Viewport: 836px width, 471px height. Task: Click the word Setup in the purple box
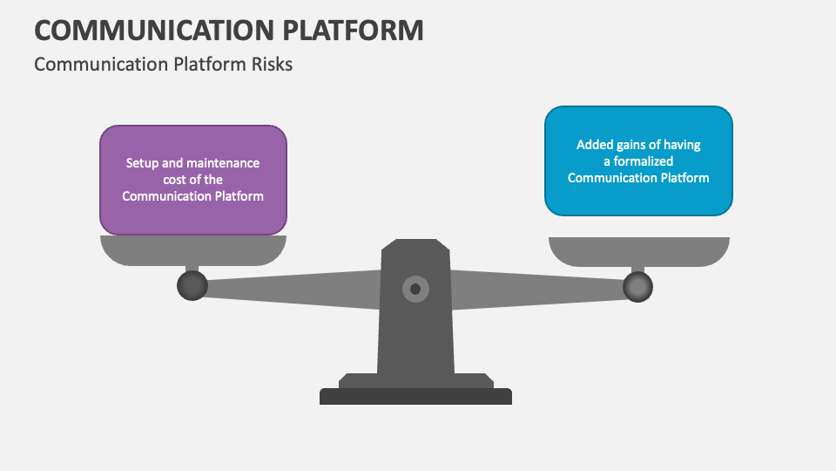tap(142, 163)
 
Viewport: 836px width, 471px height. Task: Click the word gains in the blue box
tap(636, 145)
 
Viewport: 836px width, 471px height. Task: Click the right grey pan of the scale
tap(638, 250)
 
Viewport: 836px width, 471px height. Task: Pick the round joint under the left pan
tap(192, 285)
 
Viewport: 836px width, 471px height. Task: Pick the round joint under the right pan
tap(638, 285)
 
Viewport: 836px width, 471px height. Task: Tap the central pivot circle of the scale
tap(415, 289)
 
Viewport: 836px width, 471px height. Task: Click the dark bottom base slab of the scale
tap(415, 397)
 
